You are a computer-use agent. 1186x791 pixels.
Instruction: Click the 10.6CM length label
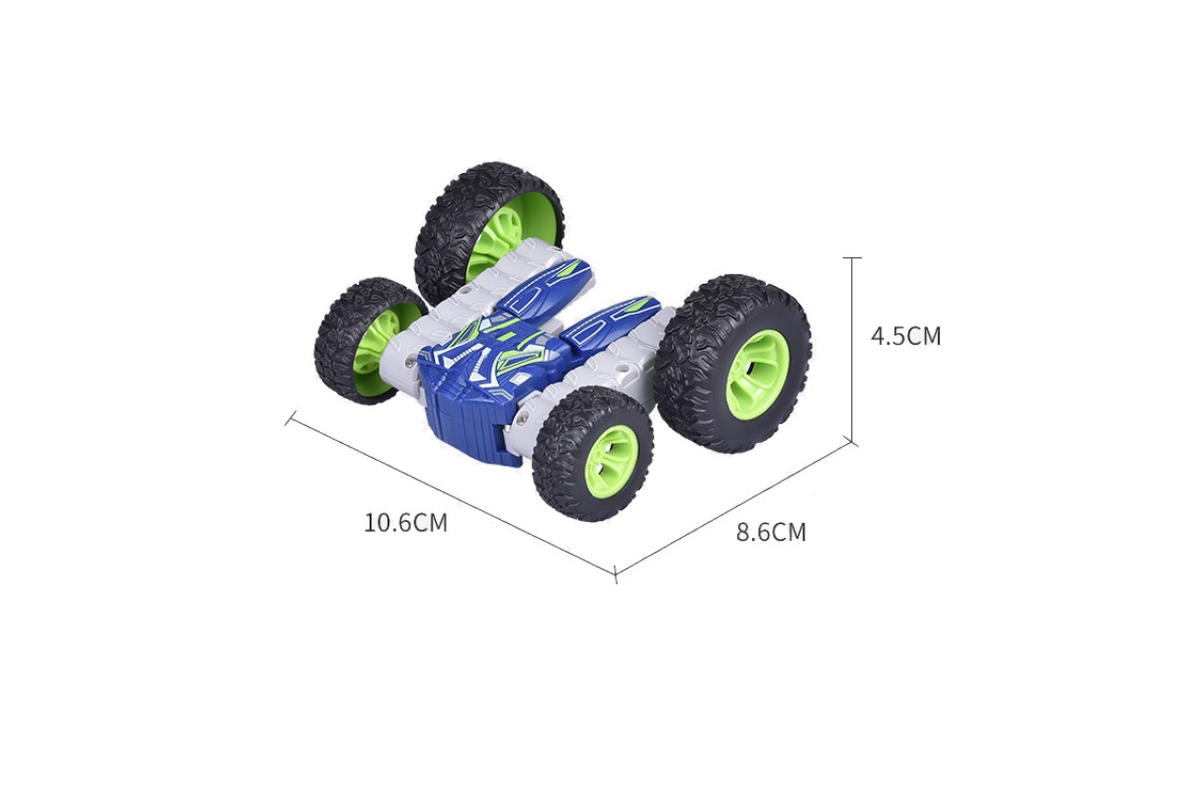pos(405,523)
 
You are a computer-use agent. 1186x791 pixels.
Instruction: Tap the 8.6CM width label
pos(771,532)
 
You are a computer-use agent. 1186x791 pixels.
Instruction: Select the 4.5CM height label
pos(906,336)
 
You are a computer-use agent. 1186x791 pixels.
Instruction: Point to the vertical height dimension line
pos(852,350)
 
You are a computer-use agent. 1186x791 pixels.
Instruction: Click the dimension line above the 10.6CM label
pos(452,496)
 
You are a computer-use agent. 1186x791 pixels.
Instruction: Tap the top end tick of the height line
pos(852,257)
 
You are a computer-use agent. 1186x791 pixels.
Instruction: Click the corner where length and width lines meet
pos(615,574)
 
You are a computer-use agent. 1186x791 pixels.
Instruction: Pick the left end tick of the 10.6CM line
pos(289,417)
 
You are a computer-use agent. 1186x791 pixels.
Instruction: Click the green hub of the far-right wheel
pos(758,367)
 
